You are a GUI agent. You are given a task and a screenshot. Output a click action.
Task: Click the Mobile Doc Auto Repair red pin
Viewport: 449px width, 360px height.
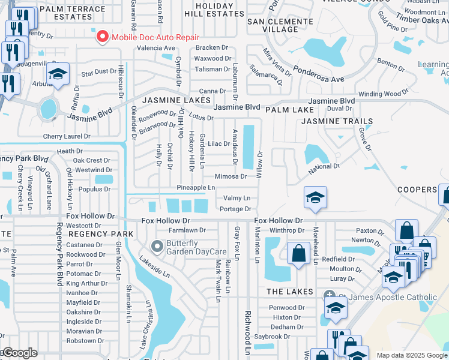tap(102, 37)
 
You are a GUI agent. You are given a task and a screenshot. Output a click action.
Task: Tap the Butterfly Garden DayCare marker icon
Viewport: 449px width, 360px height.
tap(157, 247)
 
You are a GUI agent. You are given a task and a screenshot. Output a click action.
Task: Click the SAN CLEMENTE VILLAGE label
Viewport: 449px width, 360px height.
tap(280, 25)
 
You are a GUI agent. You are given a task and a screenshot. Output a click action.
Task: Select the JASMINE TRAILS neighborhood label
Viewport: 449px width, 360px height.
tap(337, 121)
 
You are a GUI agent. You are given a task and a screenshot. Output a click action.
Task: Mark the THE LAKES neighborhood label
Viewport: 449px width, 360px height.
tap(290, 292)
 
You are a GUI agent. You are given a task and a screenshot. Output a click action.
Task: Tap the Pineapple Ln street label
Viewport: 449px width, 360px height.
tap(196, 188)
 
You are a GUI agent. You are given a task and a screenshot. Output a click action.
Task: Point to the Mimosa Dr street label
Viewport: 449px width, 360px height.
tap(231, 176)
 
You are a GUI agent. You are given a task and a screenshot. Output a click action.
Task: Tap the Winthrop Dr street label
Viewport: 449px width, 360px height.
tap(287, 230)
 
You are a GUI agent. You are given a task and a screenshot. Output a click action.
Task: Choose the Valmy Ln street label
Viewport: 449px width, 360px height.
tap(237, 198)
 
